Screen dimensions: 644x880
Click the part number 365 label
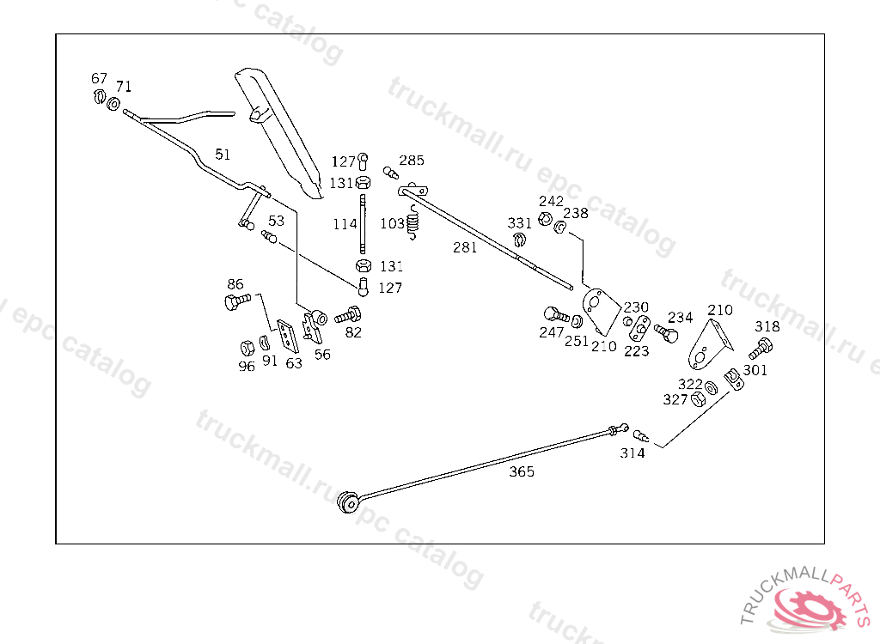[521, 471]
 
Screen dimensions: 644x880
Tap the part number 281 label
[465, 247]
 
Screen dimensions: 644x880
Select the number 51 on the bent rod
[223, 155]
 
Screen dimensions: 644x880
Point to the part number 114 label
[345, 224]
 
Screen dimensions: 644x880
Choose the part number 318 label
[767, 326]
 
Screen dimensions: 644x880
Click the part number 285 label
[411, 161]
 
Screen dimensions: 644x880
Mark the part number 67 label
[100, 78]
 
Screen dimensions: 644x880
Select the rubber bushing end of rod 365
[349, 502]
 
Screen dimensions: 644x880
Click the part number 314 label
[632, 453]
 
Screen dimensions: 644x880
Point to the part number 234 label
[680, 317]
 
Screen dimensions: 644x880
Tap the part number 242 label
[551, 201]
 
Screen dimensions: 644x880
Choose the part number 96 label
[247, 365]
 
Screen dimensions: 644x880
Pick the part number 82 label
[353, 331]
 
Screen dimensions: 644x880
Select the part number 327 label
[675, 399]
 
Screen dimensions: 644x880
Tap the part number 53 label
[276, 221]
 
